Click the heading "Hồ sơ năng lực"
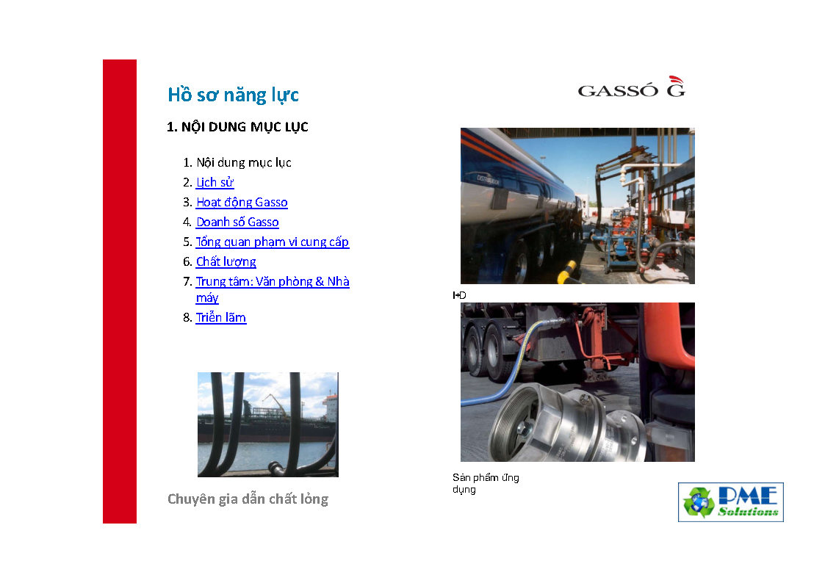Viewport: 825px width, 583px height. click(x=233, y=95)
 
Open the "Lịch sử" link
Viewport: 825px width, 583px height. click(x=215, y=182)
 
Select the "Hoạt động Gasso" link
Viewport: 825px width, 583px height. click(x=242, y=203)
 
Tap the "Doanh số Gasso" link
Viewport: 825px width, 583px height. click(x=237, y=222)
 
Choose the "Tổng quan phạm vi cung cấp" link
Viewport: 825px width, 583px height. click(x=272, y=242)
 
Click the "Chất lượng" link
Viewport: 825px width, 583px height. click(x=226, y=262)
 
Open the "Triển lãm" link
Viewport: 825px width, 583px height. click(x=220, y=317)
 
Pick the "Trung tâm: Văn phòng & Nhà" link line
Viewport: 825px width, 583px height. click(x=273, y=282)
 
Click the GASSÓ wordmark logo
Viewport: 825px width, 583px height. click(x=618, y=91)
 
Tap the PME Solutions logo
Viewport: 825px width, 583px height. click(x=731, y=502)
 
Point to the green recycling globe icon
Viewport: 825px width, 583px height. click(x=699, y=502)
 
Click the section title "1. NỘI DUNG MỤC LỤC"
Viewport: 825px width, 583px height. click(x=237, y=127)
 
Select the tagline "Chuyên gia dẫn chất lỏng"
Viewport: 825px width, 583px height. click(x=248, y=499)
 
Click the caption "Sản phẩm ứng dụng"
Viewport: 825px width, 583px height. click(x=486, y=484)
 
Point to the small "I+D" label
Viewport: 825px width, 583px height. click(x=459, y=295)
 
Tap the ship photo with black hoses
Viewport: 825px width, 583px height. click(x=268, y=424)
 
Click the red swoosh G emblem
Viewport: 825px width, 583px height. click(x=676, y=87)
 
